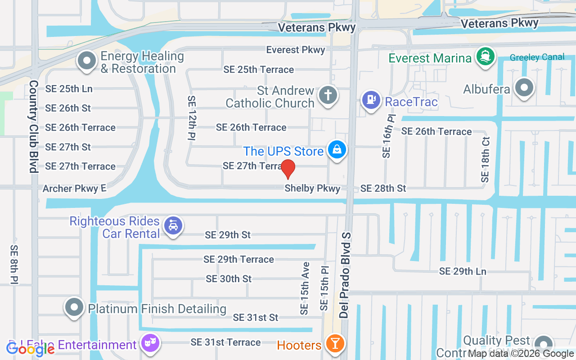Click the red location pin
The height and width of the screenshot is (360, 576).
(x=288, y=169)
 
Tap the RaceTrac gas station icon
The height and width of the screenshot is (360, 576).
(x=371, y=99)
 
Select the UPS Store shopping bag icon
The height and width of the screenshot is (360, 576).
(x=337, y=149)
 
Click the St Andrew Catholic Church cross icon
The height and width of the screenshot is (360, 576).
(x=328, y=95)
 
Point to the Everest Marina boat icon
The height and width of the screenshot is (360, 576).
(x=485, y=56)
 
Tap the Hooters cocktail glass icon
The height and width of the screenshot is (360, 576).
(x=335, y=343)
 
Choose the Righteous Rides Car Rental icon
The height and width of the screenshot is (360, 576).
(x=173, y=226)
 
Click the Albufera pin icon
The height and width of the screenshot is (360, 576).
(x=524, y=87)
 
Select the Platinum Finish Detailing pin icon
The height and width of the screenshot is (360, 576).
(x=75, y=307)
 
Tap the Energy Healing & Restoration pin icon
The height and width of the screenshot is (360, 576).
(x=86, y=60)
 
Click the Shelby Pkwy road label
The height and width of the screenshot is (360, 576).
(x=312, y=189)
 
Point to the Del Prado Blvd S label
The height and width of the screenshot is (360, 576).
(x=345, y=275)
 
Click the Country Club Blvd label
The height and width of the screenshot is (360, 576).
(x=33, y=126)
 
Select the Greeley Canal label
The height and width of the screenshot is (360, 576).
(x=537, y=57)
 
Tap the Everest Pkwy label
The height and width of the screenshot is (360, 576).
(x=295, y=50)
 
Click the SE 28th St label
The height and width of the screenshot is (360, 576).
(x=383, y=188)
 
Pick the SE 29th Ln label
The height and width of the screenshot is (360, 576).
(x=463, y=271)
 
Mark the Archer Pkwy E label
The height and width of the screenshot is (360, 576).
(x=74, y=189)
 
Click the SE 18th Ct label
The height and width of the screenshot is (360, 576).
(x=485, y=160)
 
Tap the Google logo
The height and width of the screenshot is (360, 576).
(x=30, y=348)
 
